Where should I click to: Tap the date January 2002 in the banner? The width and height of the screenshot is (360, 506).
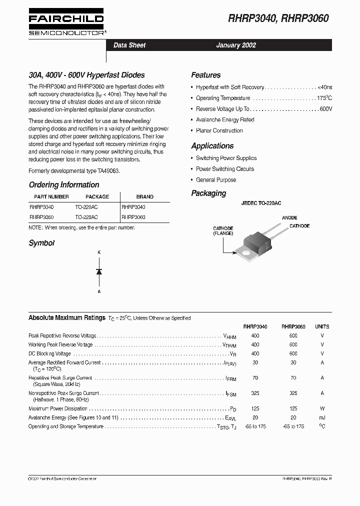(236, 45)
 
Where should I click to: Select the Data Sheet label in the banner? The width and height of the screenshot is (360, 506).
(129, 45)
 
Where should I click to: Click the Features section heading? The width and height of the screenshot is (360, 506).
(205, 75)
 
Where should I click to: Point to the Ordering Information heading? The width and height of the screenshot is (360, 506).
(64, 185)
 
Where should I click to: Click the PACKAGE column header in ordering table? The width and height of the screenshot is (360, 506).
(97, 196)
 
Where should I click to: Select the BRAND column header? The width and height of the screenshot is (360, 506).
(145, 196)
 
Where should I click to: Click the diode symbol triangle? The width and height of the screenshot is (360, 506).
(99, 271)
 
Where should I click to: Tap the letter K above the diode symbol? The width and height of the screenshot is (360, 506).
(99, 253)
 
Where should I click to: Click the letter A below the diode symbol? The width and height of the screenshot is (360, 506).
(99, 291)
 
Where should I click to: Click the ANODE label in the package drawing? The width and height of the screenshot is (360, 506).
(289, 218)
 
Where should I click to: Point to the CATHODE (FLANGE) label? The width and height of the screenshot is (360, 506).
(223, 231)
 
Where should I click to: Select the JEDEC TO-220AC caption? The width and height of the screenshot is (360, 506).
(261, 203)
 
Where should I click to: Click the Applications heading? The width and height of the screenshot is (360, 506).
(212, 146)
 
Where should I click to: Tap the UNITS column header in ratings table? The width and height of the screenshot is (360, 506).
(322, 326)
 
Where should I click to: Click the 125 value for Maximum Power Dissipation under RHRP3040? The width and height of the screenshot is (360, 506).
(255, 408)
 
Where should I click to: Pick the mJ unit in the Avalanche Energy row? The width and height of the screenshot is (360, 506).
(322, 417)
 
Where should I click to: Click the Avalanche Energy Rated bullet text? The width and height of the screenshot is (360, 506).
(225, 120)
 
